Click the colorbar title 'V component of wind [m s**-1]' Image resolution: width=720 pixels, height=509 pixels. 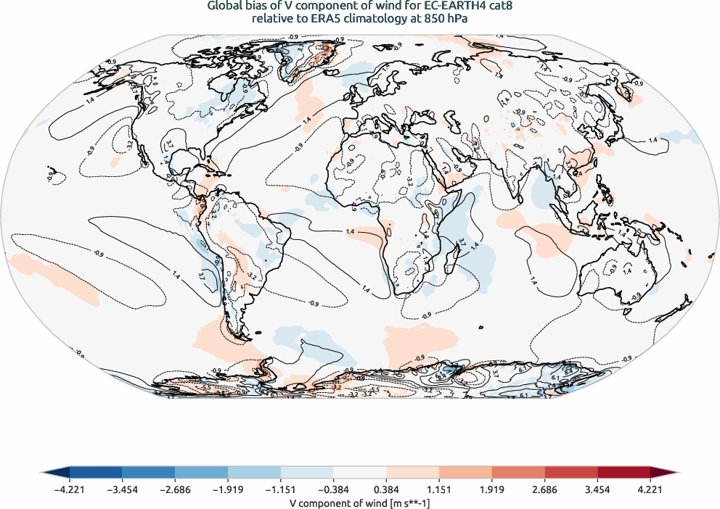[x=359, y=502]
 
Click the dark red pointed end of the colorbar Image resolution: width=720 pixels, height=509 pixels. [x=664, y=473]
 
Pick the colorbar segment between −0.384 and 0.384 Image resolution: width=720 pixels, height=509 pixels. [x=359, y=473]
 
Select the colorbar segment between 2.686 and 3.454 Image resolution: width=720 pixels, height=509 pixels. [x=570, y=473]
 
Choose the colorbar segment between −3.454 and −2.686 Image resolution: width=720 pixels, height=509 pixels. [x=148, y=473]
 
